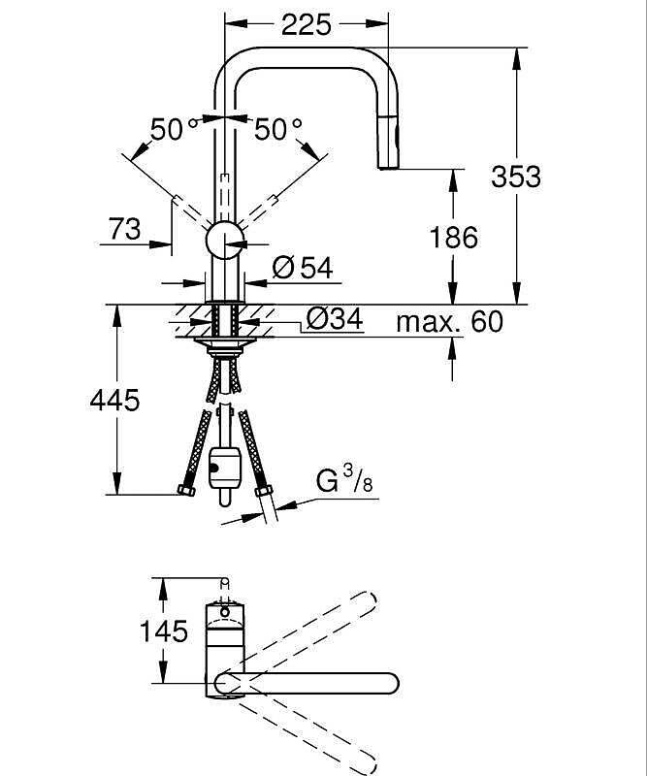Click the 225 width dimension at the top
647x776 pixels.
click(305, 25)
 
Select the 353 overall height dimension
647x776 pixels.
click(516, 176)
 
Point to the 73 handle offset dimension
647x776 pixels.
click(124, 229)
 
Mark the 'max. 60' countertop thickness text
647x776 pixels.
click(449, 322)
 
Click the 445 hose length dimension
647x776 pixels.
click(115, 400)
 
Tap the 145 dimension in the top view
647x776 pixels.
click(165, 632)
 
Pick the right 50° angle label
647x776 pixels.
click(277, 129)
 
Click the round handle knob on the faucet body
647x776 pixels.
click(225, 242)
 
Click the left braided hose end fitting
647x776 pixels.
click(186, 490)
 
